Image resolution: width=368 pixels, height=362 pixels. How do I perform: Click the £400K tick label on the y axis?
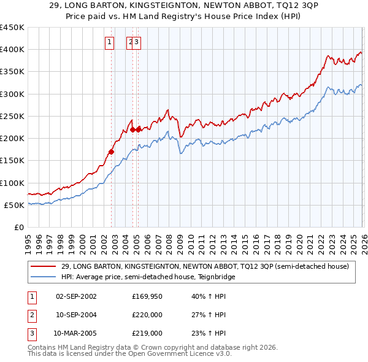tap(12, 50)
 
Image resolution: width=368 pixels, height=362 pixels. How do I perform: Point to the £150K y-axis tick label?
tap(12, 161)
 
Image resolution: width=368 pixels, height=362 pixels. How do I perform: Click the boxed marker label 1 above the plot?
tap(109, 42)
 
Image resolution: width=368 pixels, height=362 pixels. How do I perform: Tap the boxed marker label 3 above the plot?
tap(137, 42)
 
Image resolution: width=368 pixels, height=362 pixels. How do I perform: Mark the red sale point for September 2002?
tap(111, 152)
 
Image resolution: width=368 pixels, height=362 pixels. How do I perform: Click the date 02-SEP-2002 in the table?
tap(76, 296)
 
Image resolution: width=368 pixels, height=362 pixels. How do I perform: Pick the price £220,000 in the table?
tap(147, 315)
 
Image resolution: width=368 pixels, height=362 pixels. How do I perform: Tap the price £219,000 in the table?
tap(147, 333)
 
